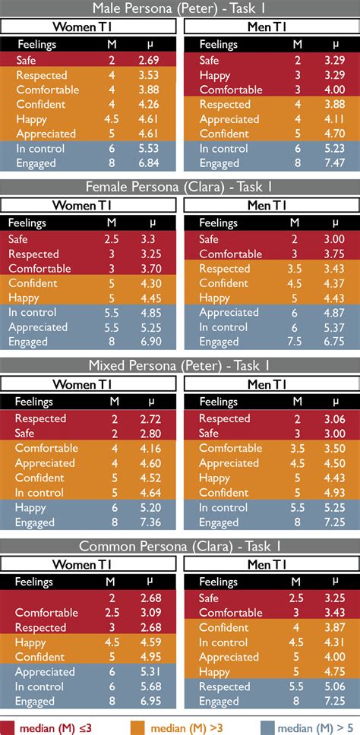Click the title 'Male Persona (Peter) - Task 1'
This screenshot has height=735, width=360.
pyautogui.click(x=180, y=8)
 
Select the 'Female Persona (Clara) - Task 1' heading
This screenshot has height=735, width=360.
pyautogui.click(x=180, y=188)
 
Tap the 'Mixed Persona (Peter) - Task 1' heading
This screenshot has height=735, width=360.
pyautogui.click(x=180, y=366)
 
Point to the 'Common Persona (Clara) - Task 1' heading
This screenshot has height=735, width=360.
pyautogui.click(x=180, y=544)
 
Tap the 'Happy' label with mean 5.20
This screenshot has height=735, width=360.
pyautogui.click(x=30, y=507)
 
